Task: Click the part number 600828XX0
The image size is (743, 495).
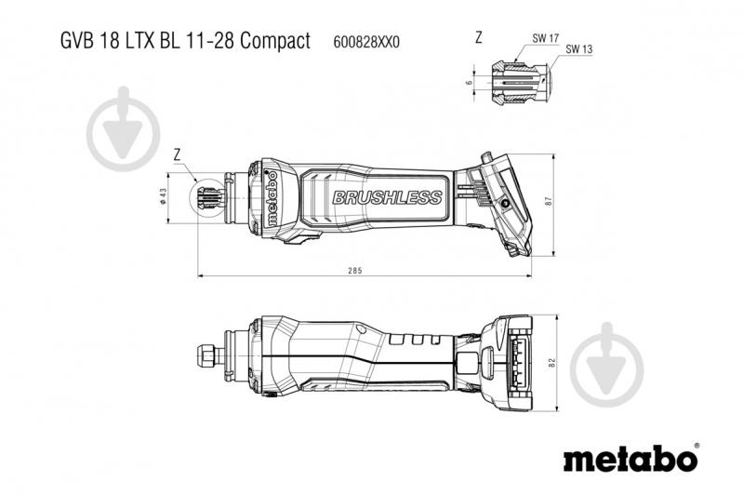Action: (x=366, y=42)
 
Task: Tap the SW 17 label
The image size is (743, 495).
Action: (x=545, y=38)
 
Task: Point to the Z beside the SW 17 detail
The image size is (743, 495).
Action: (x=479, y=38)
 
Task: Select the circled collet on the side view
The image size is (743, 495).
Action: (x=209, y=198)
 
